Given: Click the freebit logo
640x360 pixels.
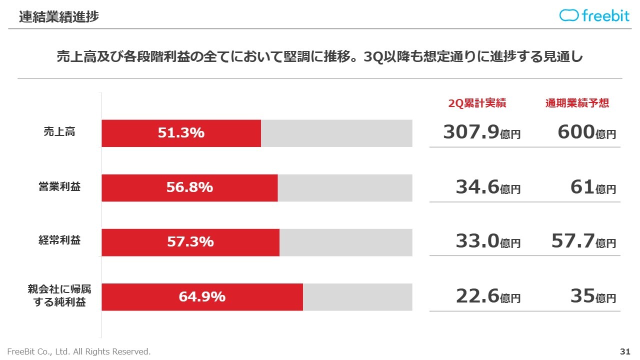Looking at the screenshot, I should click(x=594, y=15).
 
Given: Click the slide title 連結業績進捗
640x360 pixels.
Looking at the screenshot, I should click(x=59, y=16).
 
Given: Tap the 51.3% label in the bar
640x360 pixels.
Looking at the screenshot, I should click(x=181, y=133).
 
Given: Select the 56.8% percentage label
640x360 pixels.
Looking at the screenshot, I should click(x=189, y=187).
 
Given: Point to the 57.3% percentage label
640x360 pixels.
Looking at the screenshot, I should click(x=190, y=242).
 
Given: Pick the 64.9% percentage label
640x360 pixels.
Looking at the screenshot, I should click(x=202, y=296).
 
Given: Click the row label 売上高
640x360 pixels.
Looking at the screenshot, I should click(x=59, y=132).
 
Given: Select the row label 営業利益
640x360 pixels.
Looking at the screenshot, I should click(x=59, y=187).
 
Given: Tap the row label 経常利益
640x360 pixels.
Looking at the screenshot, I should click(x=59, y=241).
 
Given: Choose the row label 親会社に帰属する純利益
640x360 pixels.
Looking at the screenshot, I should click(x=59, y=296).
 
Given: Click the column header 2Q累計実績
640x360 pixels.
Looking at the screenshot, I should click(x=477, y=103).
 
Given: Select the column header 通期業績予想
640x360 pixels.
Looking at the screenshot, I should click(x=577, y=103).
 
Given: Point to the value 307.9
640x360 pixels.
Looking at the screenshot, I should click(x=471, y=132).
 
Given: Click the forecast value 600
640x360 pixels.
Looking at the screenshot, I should click(x=576, y=132).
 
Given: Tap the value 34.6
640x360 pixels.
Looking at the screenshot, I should click(x=477, y=187).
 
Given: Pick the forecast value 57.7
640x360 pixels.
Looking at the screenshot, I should click(x=573, y=241).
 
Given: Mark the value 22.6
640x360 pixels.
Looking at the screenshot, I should click(x=477, y=296).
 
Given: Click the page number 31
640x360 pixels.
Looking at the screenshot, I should click(x=624, y=351).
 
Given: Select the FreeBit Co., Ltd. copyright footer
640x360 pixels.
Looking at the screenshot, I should click(x=78, y=351).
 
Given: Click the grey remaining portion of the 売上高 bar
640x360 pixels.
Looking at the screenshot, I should click(x=336, y=133).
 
